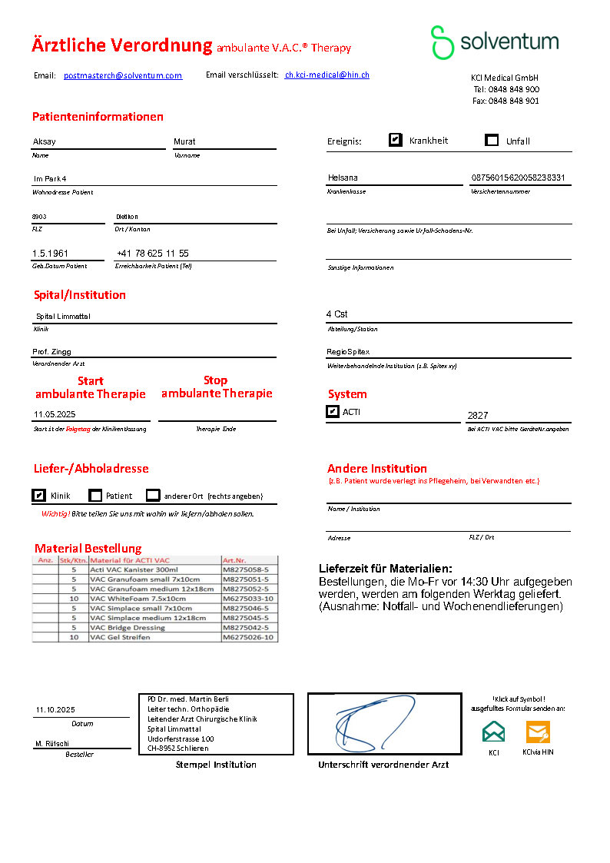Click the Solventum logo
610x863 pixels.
tap(494, 42)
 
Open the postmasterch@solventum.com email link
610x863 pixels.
tap(123, 75)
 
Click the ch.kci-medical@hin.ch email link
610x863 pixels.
tap(327, 75)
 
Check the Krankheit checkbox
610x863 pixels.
tap(396, 140)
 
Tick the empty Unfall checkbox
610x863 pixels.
tap(492, 140)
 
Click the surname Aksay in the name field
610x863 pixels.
tap(45, 141)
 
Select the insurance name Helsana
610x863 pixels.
tap(343, 178)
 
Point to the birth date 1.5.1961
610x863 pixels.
tap(50, 254)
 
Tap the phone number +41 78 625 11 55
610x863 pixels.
tap(153, 254)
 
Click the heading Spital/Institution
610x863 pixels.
tap(80, 295)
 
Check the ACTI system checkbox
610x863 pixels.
tap(333, 412)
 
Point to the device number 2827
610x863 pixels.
tap(478, 415)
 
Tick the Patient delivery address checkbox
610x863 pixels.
tap(95, 496)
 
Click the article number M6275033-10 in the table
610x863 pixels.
tap(248, 598)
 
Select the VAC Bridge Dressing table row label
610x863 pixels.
tap(128, 628)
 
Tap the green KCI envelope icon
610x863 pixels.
tap(494, 732)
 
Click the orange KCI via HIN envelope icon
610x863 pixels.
tap(538, 732)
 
